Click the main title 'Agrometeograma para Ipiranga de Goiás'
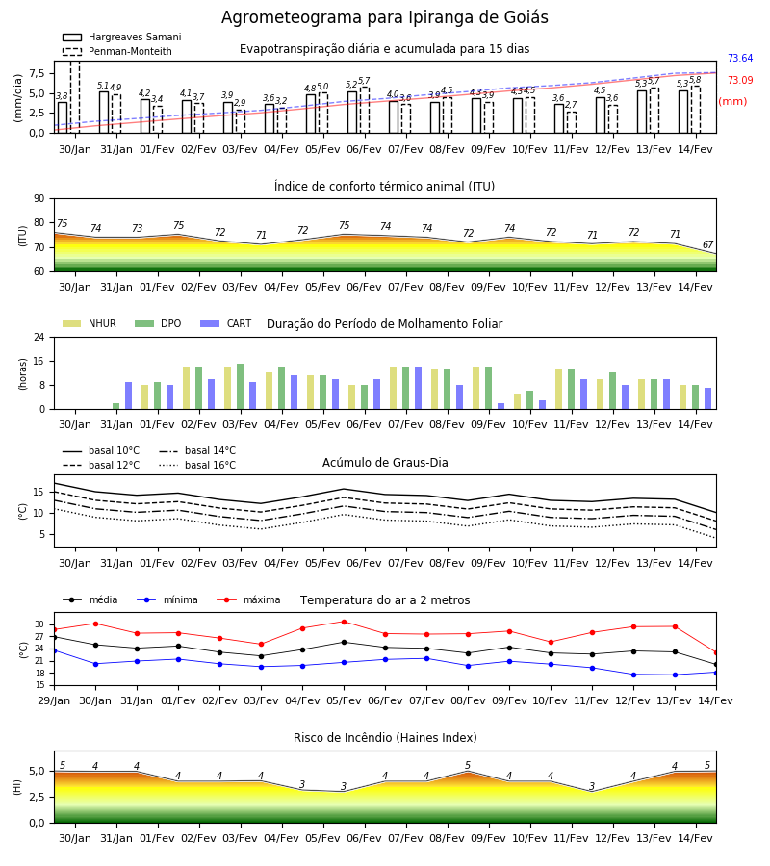pos(384,17)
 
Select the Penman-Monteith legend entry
pos(117,51)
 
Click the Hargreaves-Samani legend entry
pos(121,37)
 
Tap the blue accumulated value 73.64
pos(740,58)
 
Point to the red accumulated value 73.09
pos(740,80)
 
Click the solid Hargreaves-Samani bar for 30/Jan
pos(63,117)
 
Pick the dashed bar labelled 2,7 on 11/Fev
pos(571,122)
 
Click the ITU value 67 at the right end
pos(708,244)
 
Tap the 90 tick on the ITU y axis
pos(39,199)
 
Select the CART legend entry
pos(225,323)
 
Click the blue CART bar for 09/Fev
pos(501,406)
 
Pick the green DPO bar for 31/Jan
pos(116,406)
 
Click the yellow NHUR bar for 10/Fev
pos(518,401)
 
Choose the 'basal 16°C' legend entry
pos(197,465)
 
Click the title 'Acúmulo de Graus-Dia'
pos(385,462)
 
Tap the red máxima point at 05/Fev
pos(345,622)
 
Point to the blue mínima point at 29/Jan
pos(55,650)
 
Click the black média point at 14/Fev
pos(716,664)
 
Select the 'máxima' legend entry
pos(248,599)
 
